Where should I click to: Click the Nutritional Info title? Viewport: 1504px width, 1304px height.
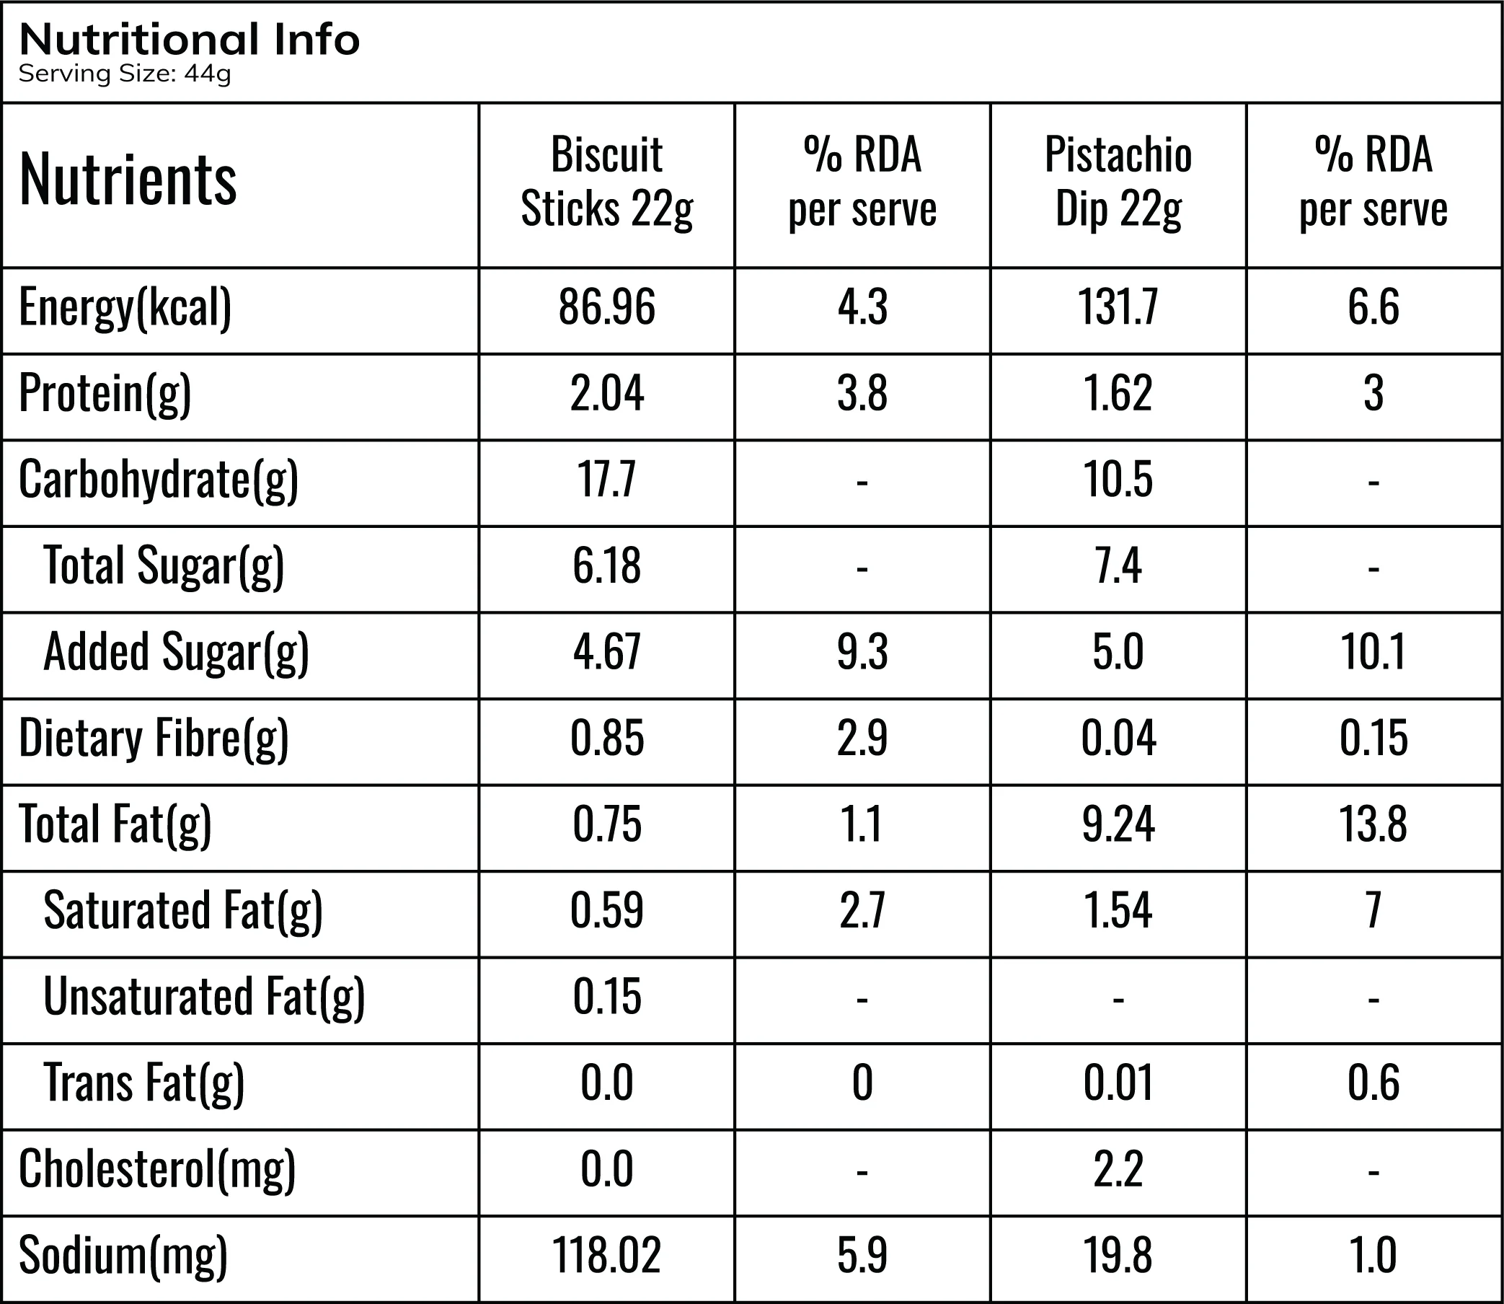pyautogui.click(x=189, y=40)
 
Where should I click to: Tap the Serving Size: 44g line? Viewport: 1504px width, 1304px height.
pyautogui.click(x=124, y=74)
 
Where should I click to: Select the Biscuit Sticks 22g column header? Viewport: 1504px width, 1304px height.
pyautogui.click(x=606, y=182)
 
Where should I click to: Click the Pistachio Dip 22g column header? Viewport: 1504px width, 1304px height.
pyautogui.click(x=1118, y=182)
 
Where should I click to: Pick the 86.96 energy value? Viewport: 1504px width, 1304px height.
pyautogui.click(x=606, y=307)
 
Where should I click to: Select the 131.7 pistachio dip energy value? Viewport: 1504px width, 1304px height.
pyautogui.click(x=1118, y=307)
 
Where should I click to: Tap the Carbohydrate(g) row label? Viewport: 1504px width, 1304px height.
pyautogui.click(x=159, y=481)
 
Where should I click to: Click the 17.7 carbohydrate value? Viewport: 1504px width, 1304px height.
pyautogui.click(x=606, y=480)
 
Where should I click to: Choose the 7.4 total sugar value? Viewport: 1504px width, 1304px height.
pyautogui.click(x=1118, y=566)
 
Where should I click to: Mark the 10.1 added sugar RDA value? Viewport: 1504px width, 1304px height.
pyautogui.click(x=1373, y=652)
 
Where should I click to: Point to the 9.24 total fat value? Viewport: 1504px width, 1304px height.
pyautogui.click(x=1118, y=824)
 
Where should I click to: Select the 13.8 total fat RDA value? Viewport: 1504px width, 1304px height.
pyautogui.click(x=1373, y=824)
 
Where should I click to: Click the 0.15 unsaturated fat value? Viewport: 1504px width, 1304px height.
pyautogui.click(x=606, y=997)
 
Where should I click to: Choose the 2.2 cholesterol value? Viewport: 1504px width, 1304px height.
pyautogui.click(x=1118, y=1169)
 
